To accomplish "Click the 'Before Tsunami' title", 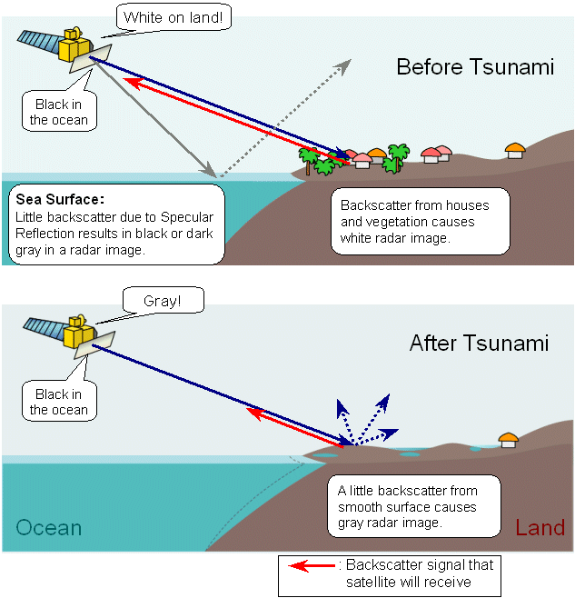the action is tap(475, 67).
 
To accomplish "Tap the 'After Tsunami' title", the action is tap(480, 343).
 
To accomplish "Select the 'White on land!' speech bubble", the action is tap(173, 17).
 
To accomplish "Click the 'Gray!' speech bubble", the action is tap(164, 301).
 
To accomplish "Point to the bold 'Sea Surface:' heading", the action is tap(60, 199).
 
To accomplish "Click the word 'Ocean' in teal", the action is tap(49, 528).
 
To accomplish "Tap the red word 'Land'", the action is tap(540, 528).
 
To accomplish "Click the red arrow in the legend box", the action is tap(312, 565).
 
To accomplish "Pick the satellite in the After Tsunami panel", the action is tap(69, 334).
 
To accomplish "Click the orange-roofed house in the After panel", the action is tap(509, 441).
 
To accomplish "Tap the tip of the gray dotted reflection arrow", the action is tap(350, 60).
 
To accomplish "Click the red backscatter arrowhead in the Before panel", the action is tap(132, 83).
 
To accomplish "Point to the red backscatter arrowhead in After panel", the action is tap(254, 413).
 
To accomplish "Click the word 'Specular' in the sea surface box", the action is tap(187, 217).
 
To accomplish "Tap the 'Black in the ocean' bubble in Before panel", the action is tap(59, 112).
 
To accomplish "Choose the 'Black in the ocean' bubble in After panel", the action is tap(59, 401).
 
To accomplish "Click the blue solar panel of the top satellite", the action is tap(38, 41).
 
